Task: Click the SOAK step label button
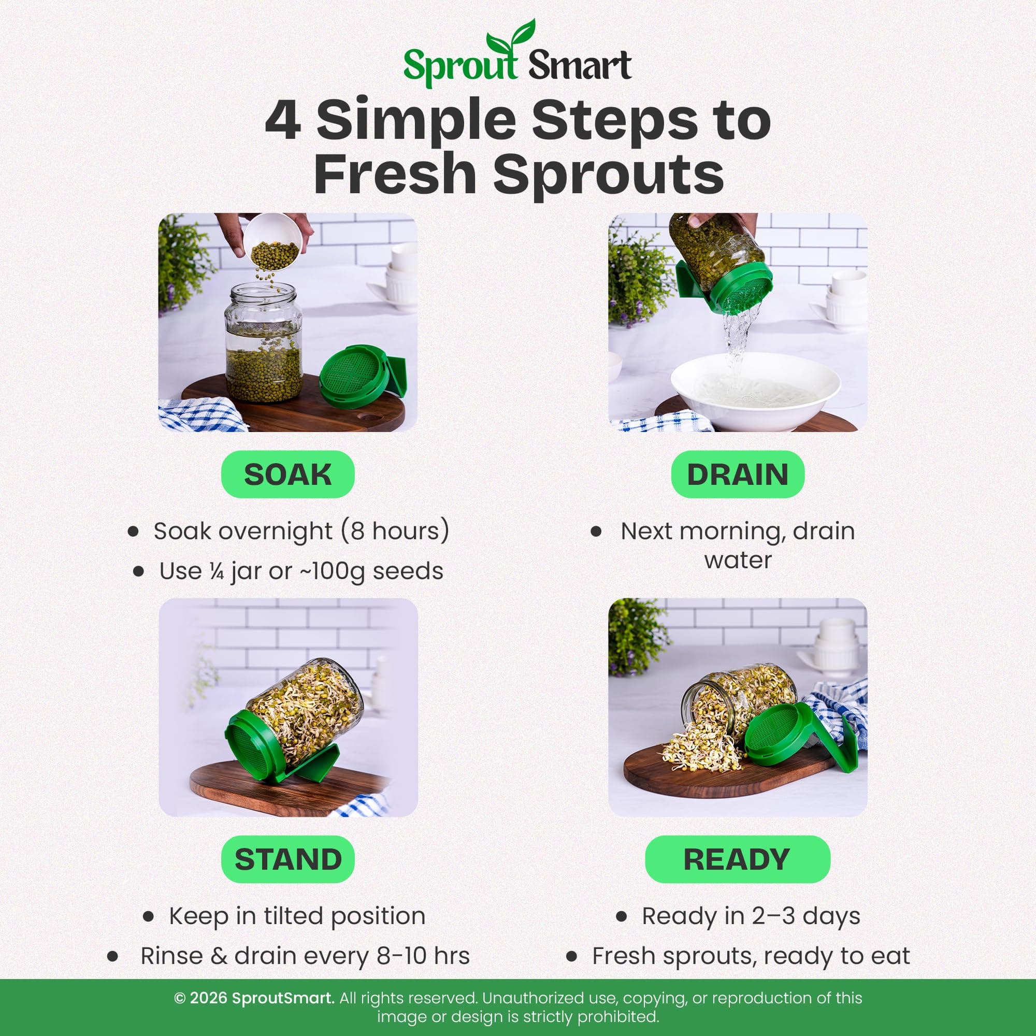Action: [x=288, y=474]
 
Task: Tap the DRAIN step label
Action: [x=737, y=474]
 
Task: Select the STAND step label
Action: [x=288, y=859]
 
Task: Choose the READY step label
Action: [x=737, y=859]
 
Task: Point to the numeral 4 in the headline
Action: [x=282, y=120]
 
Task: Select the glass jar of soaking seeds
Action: [x=263, y=343]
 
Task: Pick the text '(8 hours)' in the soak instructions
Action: [x=395, y=531]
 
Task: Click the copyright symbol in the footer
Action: [x=180, y=998]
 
